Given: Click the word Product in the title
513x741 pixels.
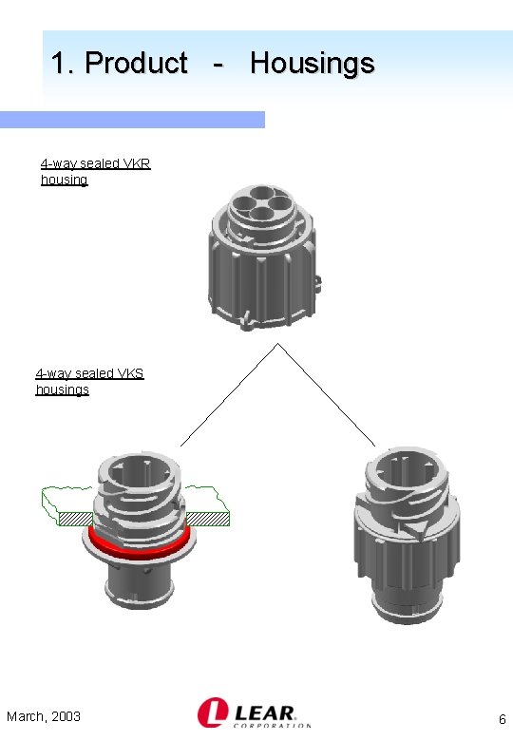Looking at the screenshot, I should click(136, 64).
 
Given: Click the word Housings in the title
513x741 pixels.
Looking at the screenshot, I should click(312, 64).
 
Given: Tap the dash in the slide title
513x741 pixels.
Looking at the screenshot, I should click(218, 65).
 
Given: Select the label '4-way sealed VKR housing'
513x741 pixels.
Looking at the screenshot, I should click(94, 171).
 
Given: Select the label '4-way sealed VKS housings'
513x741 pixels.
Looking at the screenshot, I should click(89, 381).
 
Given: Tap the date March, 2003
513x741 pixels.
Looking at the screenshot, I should click(44, 716).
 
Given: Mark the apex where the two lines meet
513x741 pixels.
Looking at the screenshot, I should click(277, 343).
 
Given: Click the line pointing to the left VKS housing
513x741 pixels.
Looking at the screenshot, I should click(228, 395).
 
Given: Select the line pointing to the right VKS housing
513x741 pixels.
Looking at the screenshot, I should click(328, 395).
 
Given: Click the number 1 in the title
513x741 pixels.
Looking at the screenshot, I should click(60, 64).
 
